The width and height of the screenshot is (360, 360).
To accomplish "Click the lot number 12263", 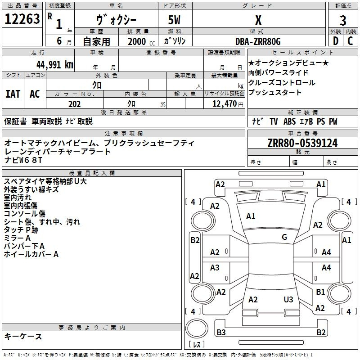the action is tap(22, 19).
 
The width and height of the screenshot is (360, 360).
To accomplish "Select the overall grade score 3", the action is tap(343, 21).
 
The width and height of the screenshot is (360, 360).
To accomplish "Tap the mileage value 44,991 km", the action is tap(55, 65).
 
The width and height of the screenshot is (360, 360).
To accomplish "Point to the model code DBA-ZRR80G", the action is tap(258, 41).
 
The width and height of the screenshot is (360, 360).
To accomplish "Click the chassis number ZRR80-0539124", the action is tap(302, 143).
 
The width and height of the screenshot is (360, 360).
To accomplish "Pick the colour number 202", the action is tap(74, 104).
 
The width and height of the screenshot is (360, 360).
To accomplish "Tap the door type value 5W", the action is tap(174, 20).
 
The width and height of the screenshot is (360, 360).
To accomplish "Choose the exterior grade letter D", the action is tap(336, 41).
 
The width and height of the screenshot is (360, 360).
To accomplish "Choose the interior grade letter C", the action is tap(350, 41).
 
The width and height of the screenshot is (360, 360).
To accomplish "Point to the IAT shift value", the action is tap(13, 94).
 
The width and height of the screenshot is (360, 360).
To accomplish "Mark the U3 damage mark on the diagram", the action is tap(288, 299).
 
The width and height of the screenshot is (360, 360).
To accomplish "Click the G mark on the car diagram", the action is tap(284, 237).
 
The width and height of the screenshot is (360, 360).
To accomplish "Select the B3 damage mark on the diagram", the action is tap(221, 332).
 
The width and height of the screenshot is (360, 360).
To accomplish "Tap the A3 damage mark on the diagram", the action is tap(215, 267).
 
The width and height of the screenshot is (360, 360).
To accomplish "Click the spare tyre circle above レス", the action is tap(197, 328).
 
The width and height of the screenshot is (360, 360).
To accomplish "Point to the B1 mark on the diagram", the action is tap(320, 292).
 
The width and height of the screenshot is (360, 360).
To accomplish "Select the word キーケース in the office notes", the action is tap(23, 336).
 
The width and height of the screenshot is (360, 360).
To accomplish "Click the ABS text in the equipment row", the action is tap(289, 121).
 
